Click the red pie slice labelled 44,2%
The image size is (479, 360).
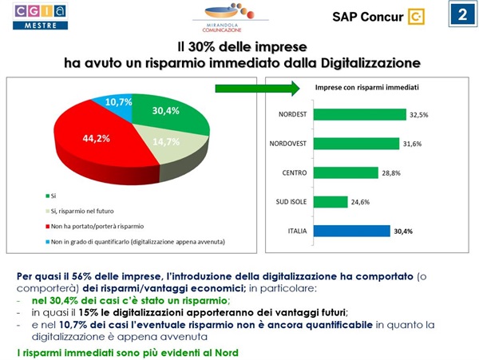pyautogui.click(x=84, y=144)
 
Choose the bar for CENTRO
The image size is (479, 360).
pyautogui.click(x=346, y=172)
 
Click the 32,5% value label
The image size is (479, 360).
pyautogui.click(x=418, y=115)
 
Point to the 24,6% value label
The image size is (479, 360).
pyautogui.click(x=361, y=202)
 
